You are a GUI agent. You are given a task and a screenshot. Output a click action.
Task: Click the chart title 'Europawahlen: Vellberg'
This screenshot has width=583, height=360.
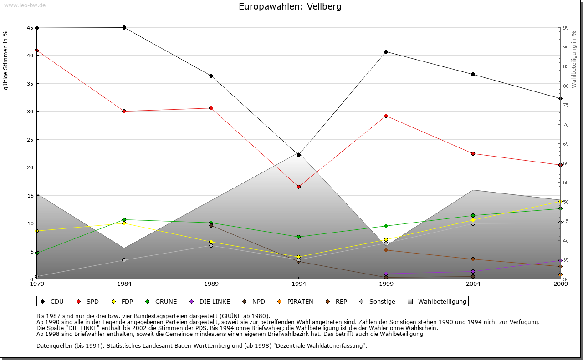click(x=290, y=7)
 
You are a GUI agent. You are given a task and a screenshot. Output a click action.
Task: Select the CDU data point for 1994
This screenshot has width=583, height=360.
click(x=298, y=155)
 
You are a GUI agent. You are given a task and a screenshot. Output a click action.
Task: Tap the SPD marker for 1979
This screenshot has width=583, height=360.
click(x=36, y=50)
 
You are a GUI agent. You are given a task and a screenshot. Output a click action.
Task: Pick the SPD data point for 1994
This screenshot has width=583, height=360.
click(x=298, y=187)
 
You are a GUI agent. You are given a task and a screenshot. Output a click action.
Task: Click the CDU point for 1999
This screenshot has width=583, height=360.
click(x=386, y=51)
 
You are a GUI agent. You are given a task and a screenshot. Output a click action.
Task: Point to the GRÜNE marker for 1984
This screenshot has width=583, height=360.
click(x=124, y=220)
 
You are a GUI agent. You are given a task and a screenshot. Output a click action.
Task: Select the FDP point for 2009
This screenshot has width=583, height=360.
click(x=560, y=201)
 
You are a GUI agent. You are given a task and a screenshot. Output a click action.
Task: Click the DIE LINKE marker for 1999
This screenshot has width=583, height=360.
click(x=386, y=274)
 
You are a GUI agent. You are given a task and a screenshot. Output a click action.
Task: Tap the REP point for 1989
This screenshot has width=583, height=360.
click(x=211, y=225)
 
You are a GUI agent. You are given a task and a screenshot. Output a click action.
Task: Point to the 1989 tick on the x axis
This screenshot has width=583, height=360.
click(x=211, y=284)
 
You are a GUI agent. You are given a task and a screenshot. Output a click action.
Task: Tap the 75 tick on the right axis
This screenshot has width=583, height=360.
click(x=566, y=105)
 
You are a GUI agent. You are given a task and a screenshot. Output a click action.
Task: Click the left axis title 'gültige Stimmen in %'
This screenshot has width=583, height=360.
click(x=6, y=60)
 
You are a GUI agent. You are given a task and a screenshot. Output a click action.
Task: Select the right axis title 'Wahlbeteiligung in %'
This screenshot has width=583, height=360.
click(x=574, y=59)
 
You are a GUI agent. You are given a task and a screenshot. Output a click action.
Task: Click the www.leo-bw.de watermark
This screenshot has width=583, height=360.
click(x=25, y=5)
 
